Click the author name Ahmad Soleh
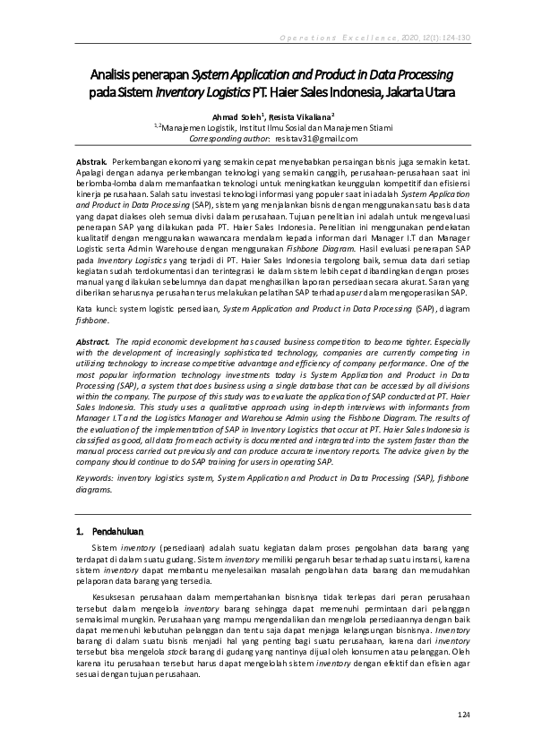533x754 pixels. pyautogui.click(x=236, y=116)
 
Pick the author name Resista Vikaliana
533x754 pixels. pyautogui.click(x=299, y=116)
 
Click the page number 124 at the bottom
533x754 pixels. pyautogui.click(x=463, y=714)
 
